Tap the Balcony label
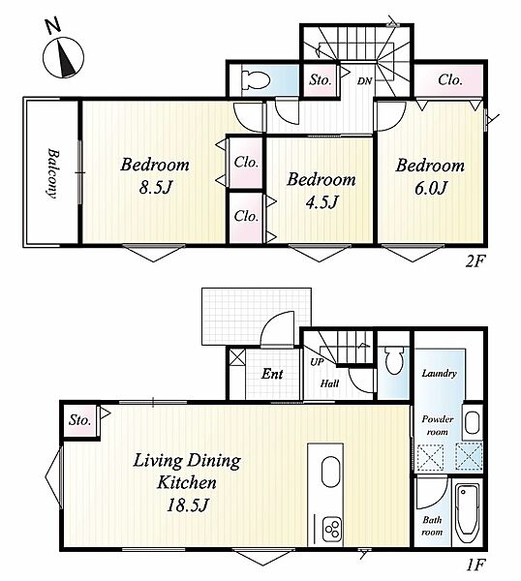[53, 173]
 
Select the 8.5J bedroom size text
[156, 188]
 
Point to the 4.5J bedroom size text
[322, 202]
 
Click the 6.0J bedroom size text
[431, 188]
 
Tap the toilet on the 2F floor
[256, 79]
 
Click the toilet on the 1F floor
[393, 360]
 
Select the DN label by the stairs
[364, 81]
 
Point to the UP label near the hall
[317, 362]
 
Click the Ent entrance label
[272, 374]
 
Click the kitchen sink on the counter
[330, 473]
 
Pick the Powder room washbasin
[473, 423]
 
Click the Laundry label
[439, 374]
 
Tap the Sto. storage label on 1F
[79, 420]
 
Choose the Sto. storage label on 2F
[321, 80]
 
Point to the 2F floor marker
[475, 262]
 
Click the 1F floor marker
[475, 565]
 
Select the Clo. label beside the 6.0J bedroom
[450, 79]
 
